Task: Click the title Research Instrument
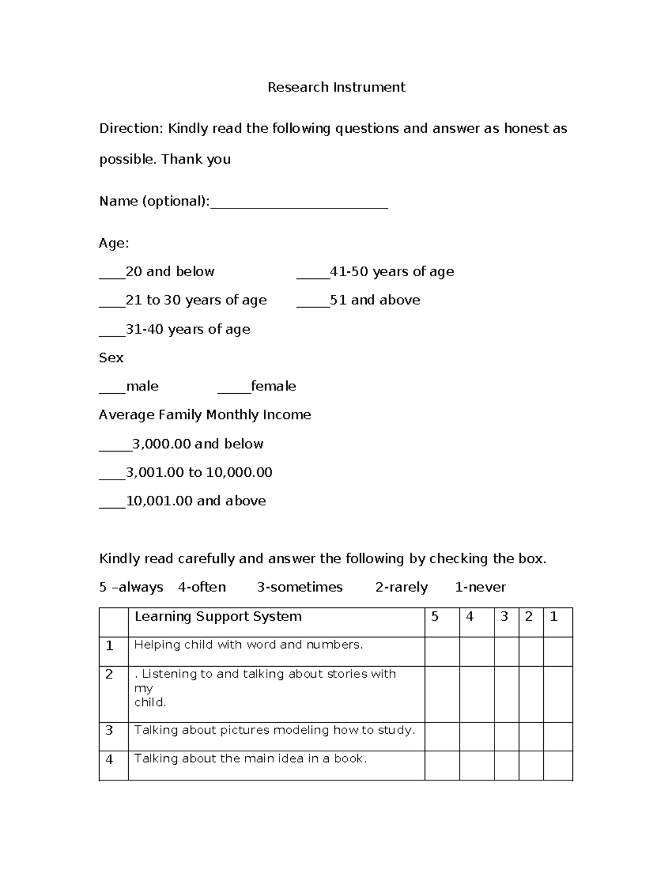tap(336, 87)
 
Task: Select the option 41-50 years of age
tap(391, 272)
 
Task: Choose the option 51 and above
tap(375, 300)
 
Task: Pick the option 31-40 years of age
tap(188, 329)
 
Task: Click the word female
tap(273, 387)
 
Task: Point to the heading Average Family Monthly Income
tap(205, 415)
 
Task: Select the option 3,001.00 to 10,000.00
tap(199, 473)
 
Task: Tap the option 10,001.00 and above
tap(195, 501)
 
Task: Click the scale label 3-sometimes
tap(300, 588)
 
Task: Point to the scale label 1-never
tap(480, 588)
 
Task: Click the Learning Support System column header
tap(218, 617)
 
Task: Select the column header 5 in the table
tap(435, 617)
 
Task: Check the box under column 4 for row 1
tap(477, 652)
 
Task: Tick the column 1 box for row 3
tap(558, 736)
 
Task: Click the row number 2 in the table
tap(109, 674)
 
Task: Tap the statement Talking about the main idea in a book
tap(250, 759)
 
